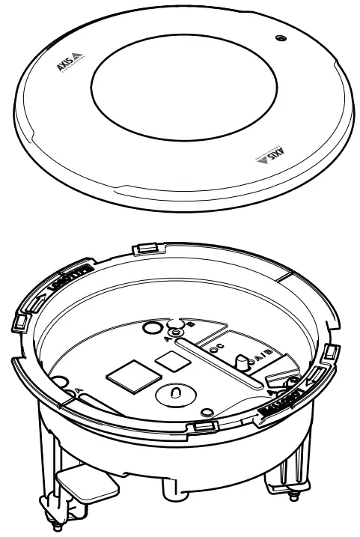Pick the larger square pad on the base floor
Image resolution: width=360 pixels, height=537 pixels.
pos(131,378)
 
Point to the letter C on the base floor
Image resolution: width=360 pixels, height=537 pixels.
pos(222,347)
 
